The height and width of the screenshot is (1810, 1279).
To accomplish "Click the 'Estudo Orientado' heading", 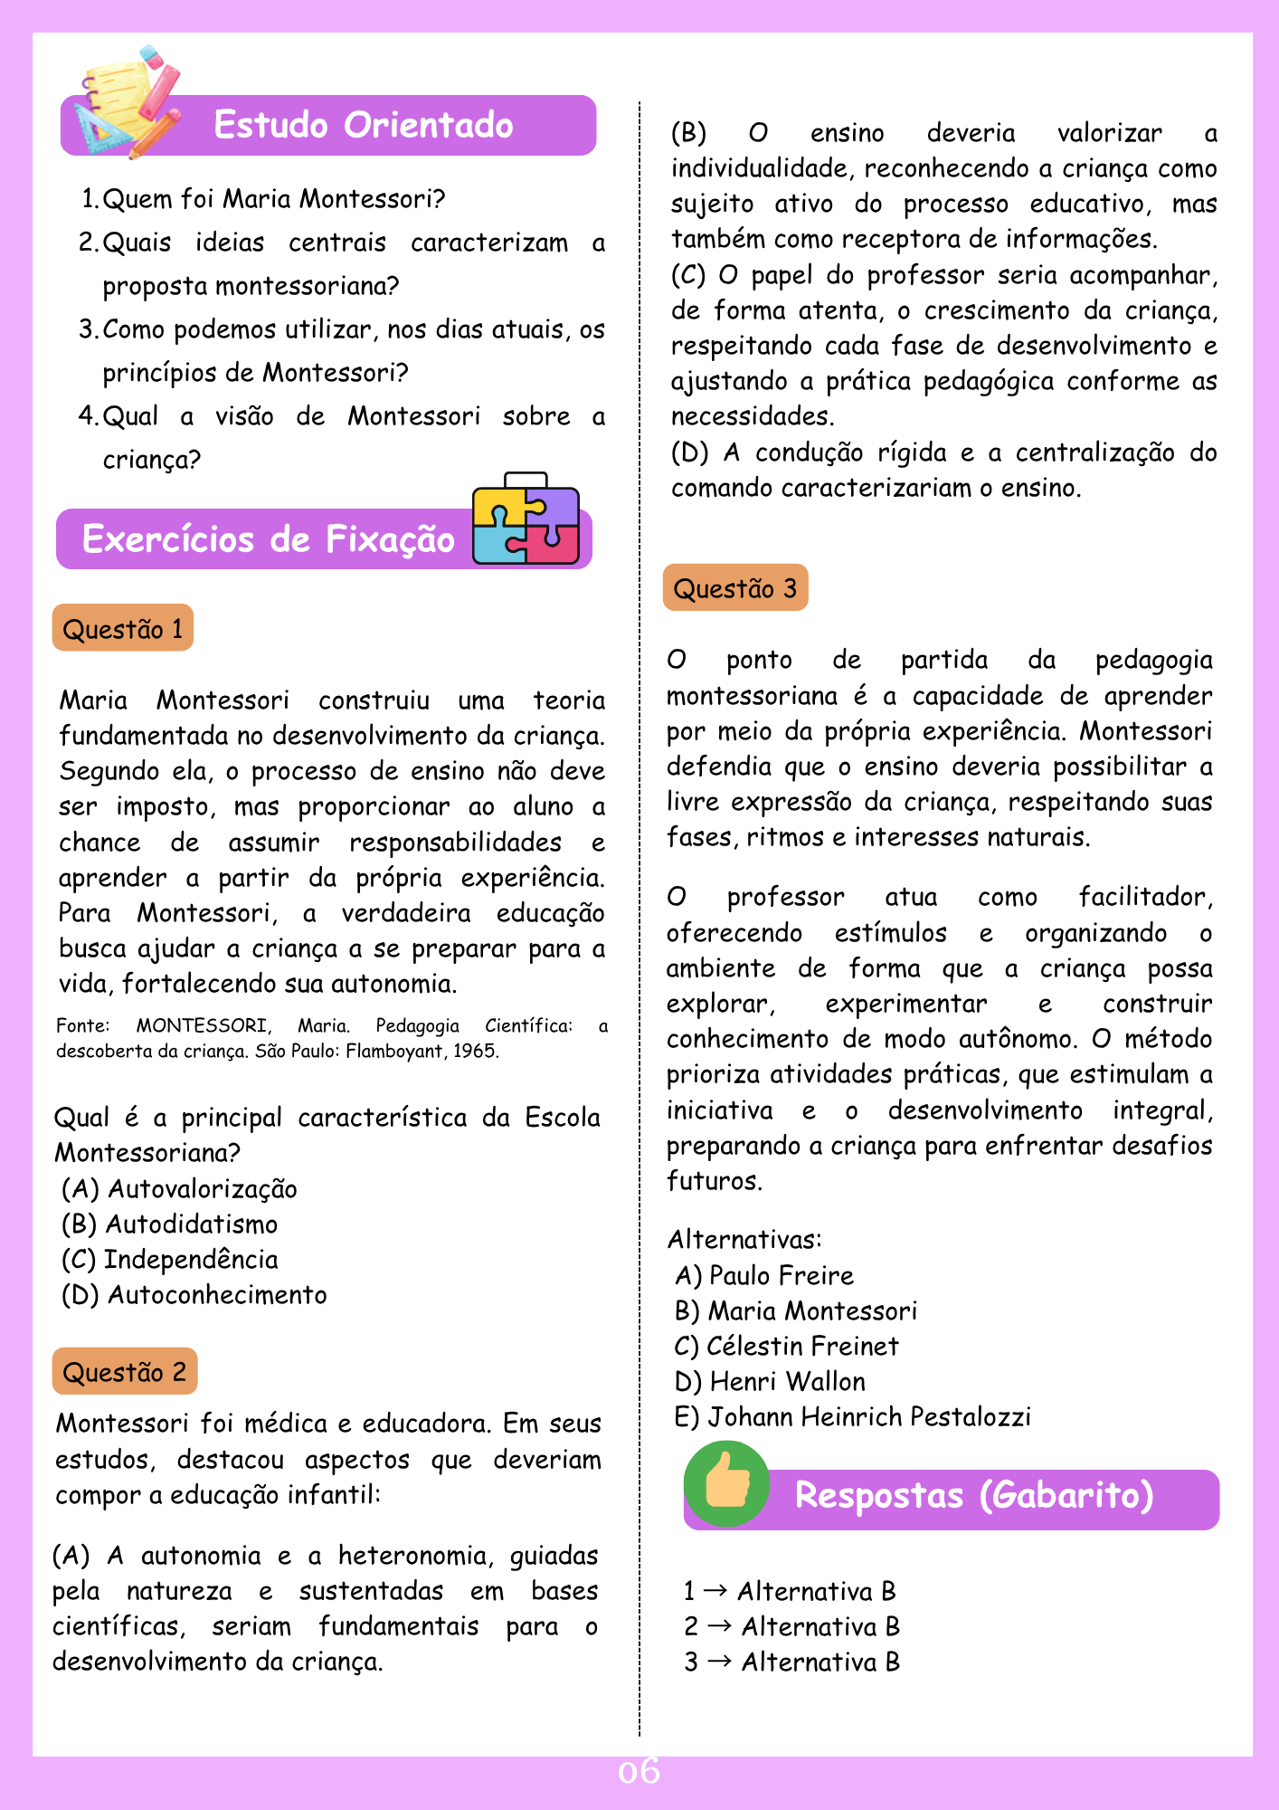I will pos(363,125).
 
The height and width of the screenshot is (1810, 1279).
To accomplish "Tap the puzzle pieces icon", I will pos(526,519).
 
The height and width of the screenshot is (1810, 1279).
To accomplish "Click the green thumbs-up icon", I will pos(726,1484).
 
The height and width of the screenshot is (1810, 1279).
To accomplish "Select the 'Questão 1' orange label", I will pos(123,628).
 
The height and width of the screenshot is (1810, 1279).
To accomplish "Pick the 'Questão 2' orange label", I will pos(125,1371).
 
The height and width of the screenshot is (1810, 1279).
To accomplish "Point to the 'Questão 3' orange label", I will pos(735,588).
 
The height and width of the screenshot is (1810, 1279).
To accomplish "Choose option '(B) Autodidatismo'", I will pos(170,1224).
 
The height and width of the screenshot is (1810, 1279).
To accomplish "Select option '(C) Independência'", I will pos(170,1259).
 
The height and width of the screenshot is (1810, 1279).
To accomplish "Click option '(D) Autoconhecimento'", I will pos(194,1294).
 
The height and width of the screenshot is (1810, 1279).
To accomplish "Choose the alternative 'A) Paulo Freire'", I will pos(764,1275).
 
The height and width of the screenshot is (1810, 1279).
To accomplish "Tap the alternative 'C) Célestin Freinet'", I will pos(787,1346).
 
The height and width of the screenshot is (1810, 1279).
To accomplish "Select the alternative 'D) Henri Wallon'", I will pos(770,1381).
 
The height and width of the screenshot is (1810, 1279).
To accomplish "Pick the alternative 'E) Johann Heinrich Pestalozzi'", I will pos(852,1416).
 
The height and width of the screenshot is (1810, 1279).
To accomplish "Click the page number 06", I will pos(639,1771).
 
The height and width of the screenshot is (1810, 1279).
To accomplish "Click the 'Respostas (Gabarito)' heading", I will pos(973,1495).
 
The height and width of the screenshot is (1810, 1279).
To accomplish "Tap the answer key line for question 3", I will pos(791,1662).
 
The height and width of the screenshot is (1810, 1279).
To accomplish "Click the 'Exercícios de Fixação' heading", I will pos(269,538).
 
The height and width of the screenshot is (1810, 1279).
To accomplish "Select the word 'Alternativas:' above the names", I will pos(744,1239).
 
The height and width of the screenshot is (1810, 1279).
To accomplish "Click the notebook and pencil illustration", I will pos(127,101).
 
